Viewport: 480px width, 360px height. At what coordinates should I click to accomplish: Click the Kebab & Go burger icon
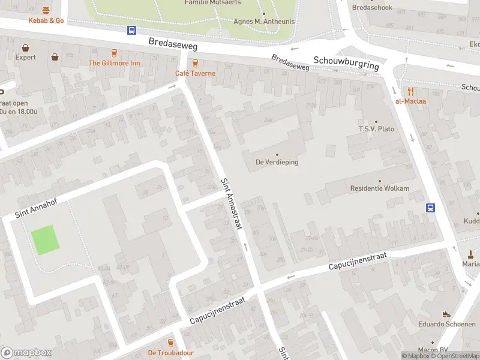(x=46, y=10)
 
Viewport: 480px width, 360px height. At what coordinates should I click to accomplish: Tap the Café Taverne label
(x=194, y=73)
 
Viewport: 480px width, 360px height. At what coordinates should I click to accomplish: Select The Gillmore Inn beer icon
(x=114, y=53)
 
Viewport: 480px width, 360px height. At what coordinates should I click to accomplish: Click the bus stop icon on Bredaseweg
(x=131, y=31)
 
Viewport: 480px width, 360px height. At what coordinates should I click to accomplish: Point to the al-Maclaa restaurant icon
(x=410, y=91)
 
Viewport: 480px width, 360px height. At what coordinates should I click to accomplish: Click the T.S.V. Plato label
(x=376, y=129)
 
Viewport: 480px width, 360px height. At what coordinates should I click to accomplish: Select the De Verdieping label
(x=277, y=162)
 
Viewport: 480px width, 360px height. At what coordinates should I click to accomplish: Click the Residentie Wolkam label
(x=379, y=188)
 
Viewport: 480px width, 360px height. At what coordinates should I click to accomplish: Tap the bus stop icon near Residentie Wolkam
(x=430, y=208)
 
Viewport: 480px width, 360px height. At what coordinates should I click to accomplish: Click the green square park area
(x=46, y=239)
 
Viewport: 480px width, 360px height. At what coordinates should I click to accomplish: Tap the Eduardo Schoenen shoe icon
(x=446, y=314)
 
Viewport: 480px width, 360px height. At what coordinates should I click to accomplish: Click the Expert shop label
(x=25, y=58)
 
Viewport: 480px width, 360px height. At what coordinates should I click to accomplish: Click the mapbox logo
(x=26, y=353)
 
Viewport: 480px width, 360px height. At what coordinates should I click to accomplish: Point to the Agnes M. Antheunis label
(x=263, y=22)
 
